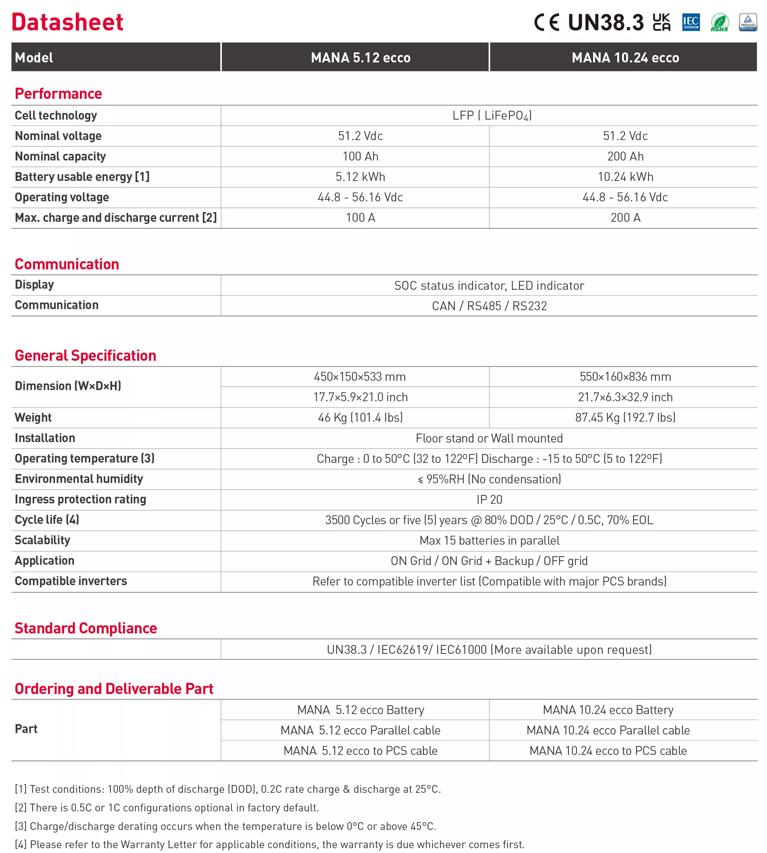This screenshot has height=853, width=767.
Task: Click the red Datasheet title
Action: click(x=67, y=22)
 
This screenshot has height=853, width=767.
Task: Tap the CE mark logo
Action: click(x=547, y=22)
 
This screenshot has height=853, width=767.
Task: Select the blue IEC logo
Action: click(x=691, y=22)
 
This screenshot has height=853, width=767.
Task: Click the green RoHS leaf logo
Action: click(x=719, y=22)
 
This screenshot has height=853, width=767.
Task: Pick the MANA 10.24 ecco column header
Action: click(x=625, y=58)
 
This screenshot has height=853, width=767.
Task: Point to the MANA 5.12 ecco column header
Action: click(x=360, y=58)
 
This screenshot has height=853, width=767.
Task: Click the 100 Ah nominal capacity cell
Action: click(x=360, y=156)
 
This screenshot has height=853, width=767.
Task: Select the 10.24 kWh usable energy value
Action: click(x=625, y=177)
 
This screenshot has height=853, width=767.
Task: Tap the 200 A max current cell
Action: click(x=625, y=218)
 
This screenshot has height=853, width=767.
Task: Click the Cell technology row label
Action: click(x=56, y=116)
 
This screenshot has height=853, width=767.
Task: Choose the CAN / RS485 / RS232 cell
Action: click(x=489, y=306)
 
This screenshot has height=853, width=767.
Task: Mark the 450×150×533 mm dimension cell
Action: click(x=359, y=377)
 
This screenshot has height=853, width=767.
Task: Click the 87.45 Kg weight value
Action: click(x=625, y=418)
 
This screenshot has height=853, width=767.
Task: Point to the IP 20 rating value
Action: click(x=489, y=500)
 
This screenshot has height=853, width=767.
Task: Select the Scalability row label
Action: click(x=43, y=540)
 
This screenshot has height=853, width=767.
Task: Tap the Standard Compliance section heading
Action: click(x=85, y=628)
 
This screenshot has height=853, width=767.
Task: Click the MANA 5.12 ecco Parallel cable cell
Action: click(x=360, y=730)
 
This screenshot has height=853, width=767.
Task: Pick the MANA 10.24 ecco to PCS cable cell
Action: click(x=608, y=750)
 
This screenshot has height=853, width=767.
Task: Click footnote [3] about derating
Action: click(x=226, y=826)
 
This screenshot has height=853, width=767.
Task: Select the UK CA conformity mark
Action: click(x=661, y=22)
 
